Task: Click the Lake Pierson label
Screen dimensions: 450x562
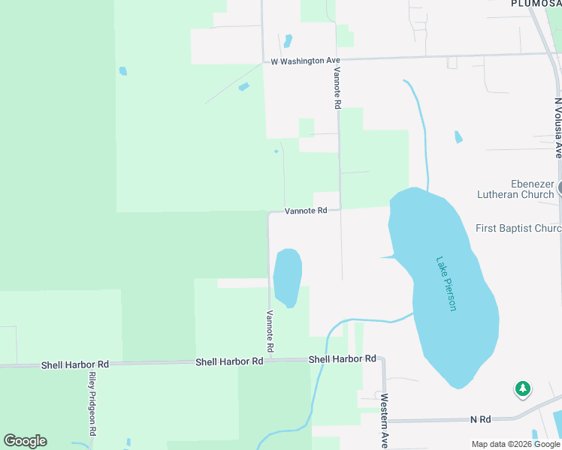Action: coord(446,284)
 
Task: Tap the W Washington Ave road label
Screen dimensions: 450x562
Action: coord(306,61)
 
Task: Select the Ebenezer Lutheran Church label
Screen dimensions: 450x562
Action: coord(515,189)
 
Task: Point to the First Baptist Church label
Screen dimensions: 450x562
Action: coord(518,228)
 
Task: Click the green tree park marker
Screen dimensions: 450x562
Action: coord(522,388)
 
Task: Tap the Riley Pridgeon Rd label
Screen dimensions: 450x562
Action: coord(92,404)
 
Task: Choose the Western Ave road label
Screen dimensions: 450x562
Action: coord(384,421)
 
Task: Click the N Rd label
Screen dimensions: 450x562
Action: coord(480,419)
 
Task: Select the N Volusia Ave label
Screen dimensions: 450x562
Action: coord(557,127)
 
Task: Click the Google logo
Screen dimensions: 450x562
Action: coord(26,441)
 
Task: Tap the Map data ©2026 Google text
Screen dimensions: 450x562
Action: coord(516,444)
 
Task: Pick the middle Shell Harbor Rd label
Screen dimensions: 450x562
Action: coord(229,361)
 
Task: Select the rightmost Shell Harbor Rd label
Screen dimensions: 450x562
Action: coord(342,359)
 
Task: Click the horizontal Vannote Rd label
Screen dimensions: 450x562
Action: coord(306,211)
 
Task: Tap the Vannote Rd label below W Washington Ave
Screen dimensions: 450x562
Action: coord(337,88)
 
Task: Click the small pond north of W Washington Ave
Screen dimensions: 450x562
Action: coord(287,40)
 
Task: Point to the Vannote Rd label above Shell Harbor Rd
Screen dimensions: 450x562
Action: coord(268,331)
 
